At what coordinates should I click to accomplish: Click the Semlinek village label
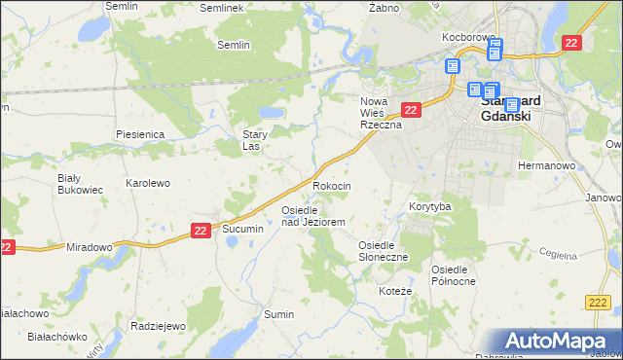pyautogui.click(x=220, y=7)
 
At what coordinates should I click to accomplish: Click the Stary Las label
pyautogui.click(x=255, y=141)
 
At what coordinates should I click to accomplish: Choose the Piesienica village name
pyautogui.click(x=139, y=133)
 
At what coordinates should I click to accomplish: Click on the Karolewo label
pyautogui.click(x=148, y=183)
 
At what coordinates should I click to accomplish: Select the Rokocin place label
pyautogui.click(x=331, y=185)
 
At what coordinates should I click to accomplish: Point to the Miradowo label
pyautogui.click(x=90, y=247)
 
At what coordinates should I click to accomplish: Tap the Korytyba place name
pyautogui.click(x=430, y=207)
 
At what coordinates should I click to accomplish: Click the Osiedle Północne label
pyautogui.click(x=455, y=274)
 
